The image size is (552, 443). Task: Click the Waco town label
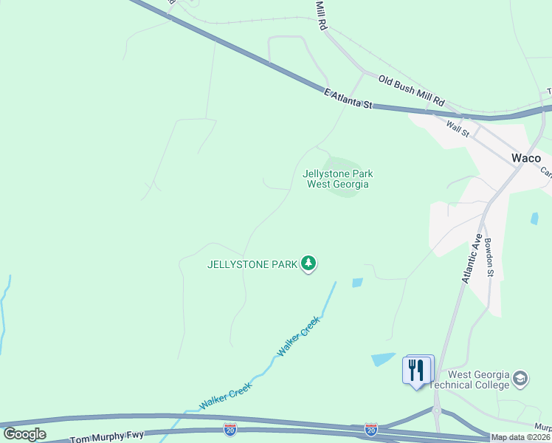(x=526, y=158)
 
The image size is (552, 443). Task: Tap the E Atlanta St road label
(x=348, y=99)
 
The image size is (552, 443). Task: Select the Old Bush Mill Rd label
(x=412, y=90)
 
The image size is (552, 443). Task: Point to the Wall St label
(x=458, y=128)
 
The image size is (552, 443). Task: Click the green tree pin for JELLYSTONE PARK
(x=308, y=263)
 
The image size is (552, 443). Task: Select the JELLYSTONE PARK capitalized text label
(x=252, y=264)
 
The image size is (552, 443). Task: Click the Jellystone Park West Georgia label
(x=338, y=179)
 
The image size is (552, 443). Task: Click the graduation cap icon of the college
(x=520, y=379)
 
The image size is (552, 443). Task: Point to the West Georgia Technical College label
(x=480, y=380)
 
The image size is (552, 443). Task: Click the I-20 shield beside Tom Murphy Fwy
(x=230, y=428)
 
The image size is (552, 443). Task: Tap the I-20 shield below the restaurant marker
(x=371, y=428)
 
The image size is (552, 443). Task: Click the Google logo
(x=25, y=434)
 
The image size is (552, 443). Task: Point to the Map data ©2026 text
(x=521, y=437)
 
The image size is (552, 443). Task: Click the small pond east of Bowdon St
(x=534, y=219)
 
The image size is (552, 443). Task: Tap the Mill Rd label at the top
(x=321, y=15)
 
